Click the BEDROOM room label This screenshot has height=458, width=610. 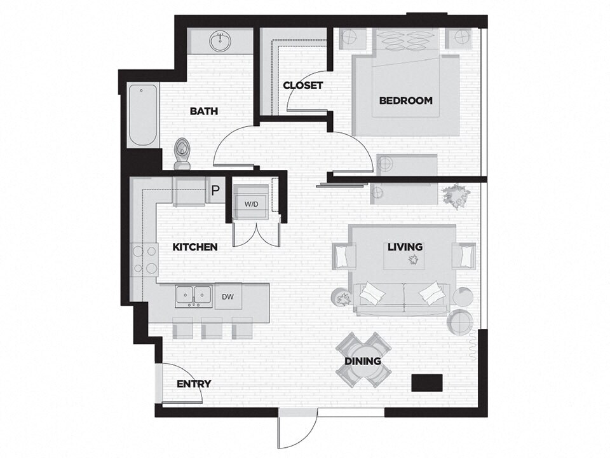405,101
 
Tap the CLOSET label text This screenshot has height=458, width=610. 302,85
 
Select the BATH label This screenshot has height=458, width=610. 203,111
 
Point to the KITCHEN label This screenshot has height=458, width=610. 196,247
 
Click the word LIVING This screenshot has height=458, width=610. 405,247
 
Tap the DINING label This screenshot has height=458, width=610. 363,361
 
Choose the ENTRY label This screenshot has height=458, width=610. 193,384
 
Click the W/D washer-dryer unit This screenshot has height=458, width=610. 252,205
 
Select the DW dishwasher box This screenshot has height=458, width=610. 227,296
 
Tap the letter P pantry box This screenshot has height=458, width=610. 215,190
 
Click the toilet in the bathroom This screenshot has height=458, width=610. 183,155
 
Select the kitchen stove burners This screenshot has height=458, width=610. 144,260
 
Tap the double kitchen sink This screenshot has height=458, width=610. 194,295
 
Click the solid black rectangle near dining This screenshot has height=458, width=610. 426,382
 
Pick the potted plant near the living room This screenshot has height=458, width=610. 456,194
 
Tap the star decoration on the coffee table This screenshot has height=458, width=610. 414,260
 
